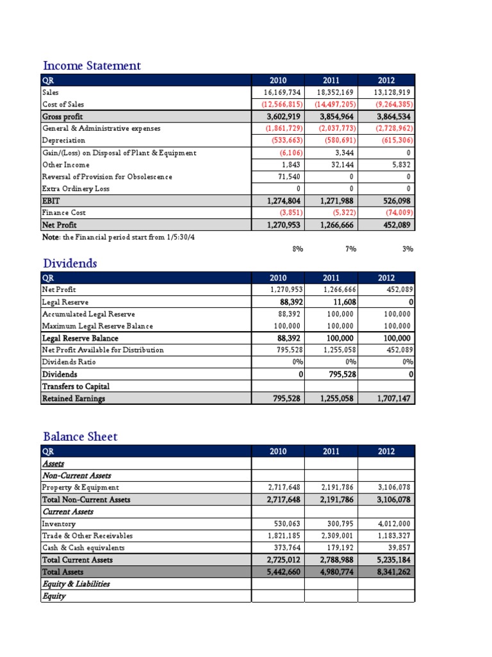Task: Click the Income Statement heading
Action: point(92,65)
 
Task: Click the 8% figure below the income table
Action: point(297,249)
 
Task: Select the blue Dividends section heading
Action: point(70,263)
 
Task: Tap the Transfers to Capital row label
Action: point(76,386)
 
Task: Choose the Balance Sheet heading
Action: point(80,436)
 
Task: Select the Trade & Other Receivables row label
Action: point(87,536)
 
